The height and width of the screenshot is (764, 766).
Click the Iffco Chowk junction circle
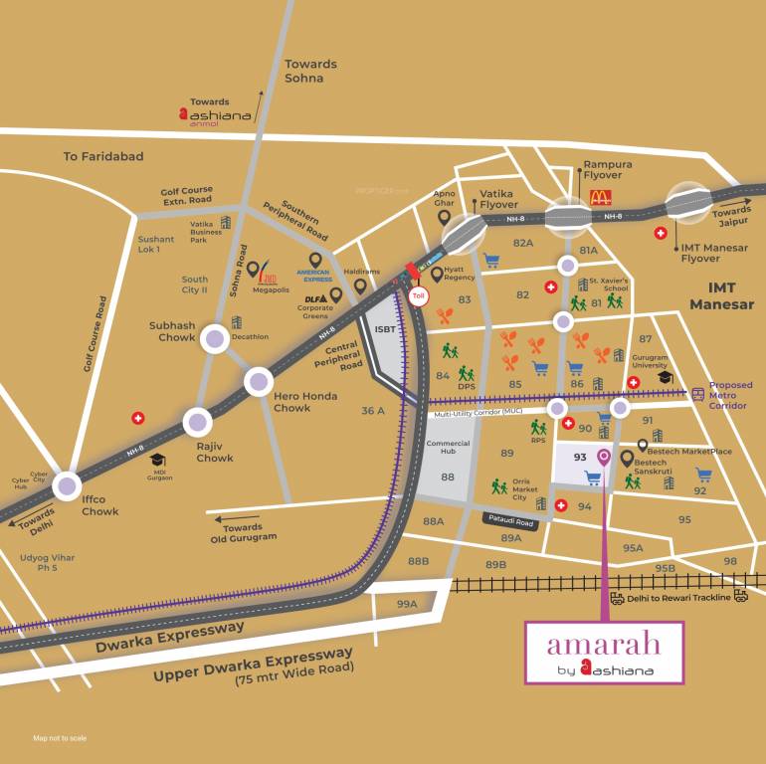coord(67,485)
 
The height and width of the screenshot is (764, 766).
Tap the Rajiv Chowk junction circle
coord(196,423)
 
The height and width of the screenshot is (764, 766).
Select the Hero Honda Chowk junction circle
coord(259,381)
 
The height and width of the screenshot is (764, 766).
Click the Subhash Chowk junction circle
coord(215,339)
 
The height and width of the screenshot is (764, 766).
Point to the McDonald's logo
coord(600,197)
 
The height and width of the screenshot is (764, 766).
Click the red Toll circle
coord(419,294)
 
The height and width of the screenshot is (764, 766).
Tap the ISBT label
coord(385,327)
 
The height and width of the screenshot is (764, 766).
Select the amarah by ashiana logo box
coord(604,653)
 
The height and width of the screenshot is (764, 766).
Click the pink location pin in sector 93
coord(604,458)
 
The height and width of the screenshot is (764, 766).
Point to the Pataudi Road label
coord(510,520)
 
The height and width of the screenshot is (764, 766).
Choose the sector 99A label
coord(407,604)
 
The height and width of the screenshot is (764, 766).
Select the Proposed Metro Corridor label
coord(730,395)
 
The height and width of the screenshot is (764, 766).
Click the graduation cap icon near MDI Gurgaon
coord(157,459)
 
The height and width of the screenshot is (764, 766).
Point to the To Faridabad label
coord(103,156)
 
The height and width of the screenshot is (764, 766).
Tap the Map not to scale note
coord(60,738)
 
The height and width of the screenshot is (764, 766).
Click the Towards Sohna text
coord(310,71)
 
